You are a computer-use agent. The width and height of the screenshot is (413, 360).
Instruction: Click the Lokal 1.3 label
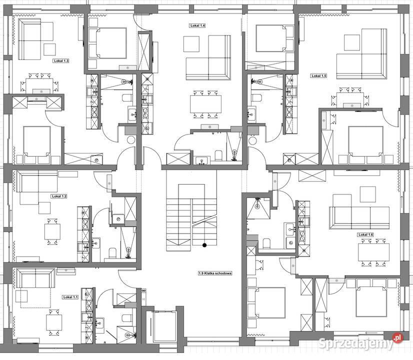61,61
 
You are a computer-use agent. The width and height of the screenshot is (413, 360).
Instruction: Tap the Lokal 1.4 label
197,25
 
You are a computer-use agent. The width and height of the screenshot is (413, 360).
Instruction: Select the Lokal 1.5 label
318,76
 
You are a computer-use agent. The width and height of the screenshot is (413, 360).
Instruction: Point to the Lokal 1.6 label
365,234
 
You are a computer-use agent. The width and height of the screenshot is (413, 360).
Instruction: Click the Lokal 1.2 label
59,196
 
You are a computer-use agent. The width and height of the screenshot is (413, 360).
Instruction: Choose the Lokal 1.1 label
70,297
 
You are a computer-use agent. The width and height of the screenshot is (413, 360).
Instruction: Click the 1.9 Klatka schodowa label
215,273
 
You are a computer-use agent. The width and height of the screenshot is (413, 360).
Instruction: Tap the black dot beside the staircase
204,245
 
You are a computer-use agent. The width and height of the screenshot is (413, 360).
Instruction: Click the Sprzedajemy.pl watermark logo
361,342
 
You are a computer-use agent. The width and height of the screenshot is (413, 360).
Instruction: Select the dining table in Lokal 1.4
205,104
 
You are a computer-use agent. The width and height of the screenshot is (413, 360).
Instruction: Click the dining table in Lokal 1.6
373,252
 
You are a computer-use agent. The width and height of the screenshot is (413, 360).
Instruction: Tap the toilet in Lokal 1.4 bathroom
218,155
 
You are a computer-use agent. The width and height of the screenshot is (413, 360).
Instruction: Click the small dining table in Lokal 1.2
52,231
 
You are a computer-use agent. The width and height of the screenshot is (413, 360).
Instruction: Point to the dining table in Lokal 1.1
54,322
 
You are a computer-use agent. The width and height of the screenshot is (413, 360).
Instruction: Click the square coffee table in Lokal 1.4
191,44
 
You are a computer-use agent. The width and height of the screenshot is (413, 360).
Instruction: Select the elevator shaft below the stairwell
161,326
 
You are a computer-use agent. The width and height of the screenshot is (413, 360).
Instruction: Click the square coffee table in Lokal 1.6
367,194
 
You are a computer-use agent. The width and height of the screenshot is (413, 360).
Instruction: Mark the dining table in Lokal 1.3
39,85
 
